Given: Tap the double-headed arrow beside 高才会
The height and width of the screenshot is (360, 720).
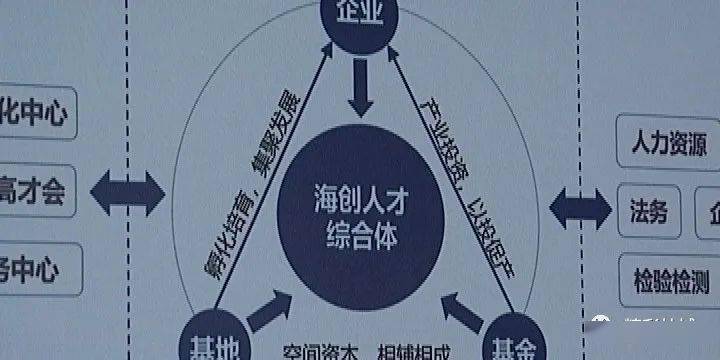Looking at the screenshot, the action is click(x=128, y=188).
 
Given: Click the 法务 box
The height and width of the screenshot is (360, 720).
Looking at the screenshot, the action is click(x=648, y=211).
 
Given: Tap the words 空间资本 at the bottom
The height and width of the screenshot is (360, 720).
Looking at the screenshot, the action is click(x=317, y=351).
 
